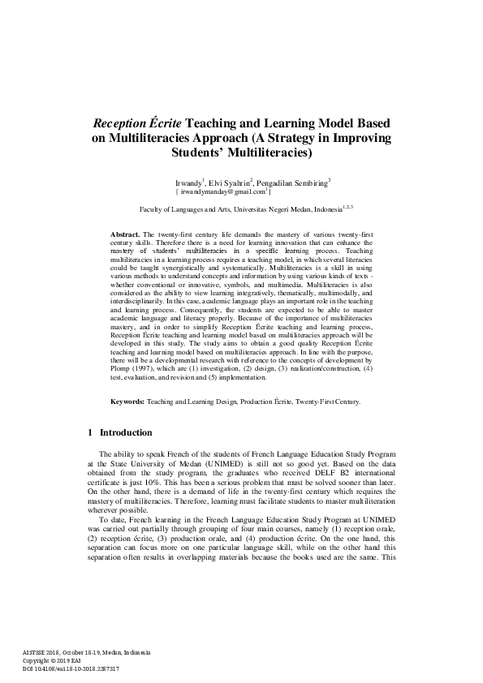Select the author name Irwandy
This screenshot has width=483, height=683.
(x=190, y=184)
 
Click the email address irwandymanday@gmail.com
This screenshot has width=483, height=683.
(x=224, y=193)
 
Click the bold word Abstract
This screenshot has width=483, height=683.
(x=125, y=234)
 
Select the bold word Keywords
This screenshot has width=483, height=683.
(x=127, y=402)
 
